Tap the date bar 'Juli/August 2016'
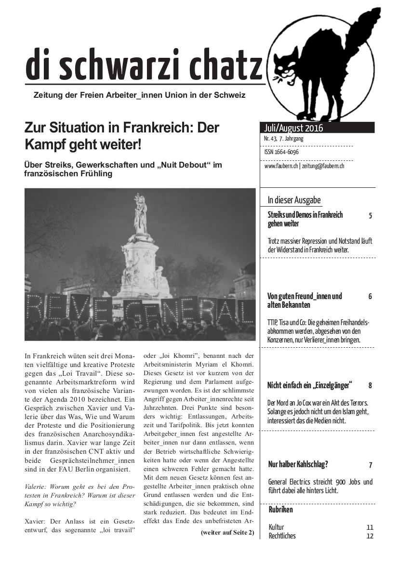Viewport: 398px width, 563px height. click(x=294, y=128)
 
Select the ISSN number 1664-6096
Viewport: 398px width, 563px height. click(x=281, y=152)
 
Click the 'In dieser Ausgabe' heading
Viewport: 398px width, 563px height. click(x=294, y=200)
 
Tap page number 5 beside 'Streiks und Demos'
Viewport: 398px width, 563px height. click(x=370, y=216)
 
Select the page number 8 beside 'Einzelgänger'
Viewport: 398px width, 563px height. click(x=370, y=386)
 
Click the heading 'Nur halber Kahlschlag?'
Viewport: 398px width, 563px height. click(x=298, y=465)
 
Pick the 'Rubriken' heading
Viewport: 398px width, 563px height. click(x=280, y=510)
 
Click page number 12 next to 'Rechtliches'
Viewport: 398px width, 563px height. click(x=370, y=536)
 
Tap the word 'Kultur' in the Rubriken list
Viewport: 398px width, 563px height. click(x=276, y=527)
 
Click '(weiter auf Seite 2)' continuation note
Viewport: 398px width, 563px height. click(x=227, y=532)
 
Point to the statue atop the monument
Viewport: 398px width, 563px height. click(x=140, y=214)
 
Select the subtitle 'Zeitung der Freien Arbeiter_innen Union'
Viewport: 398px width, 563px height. click(x=139, y=95)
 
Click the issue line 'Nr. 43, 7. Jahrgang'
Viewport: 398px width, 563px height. click(x=284, y=139)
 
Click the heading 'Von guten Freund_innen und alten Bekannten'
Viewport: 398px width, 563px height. click(x=305, y=301)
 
